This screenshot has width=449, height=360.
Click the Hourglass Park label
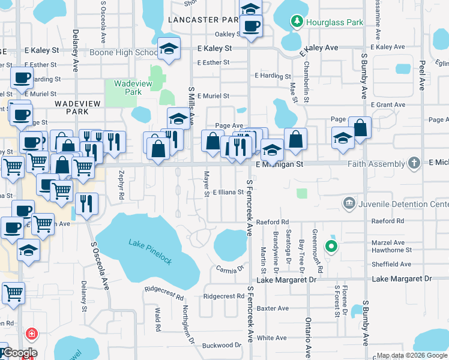335,22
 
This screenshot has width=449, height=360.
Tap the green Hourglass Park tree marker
297,22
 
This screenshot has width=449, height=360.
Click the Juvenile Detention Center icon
348,204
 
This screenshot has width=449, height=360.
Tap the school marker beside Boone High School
169,49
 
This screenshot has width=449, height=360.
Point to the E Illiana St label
228,193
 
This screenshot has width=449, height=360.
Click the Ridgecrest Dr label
223,296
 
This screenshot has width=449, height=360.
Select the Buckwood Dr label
221,345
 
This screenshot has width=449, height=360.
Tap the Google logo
20,353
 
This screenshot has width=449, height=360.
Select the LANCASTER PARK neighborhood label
203,20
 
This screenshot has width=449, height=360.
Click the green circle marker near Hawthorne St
330,245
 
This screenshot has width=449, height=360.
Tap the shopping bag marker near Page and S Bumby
360,127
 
